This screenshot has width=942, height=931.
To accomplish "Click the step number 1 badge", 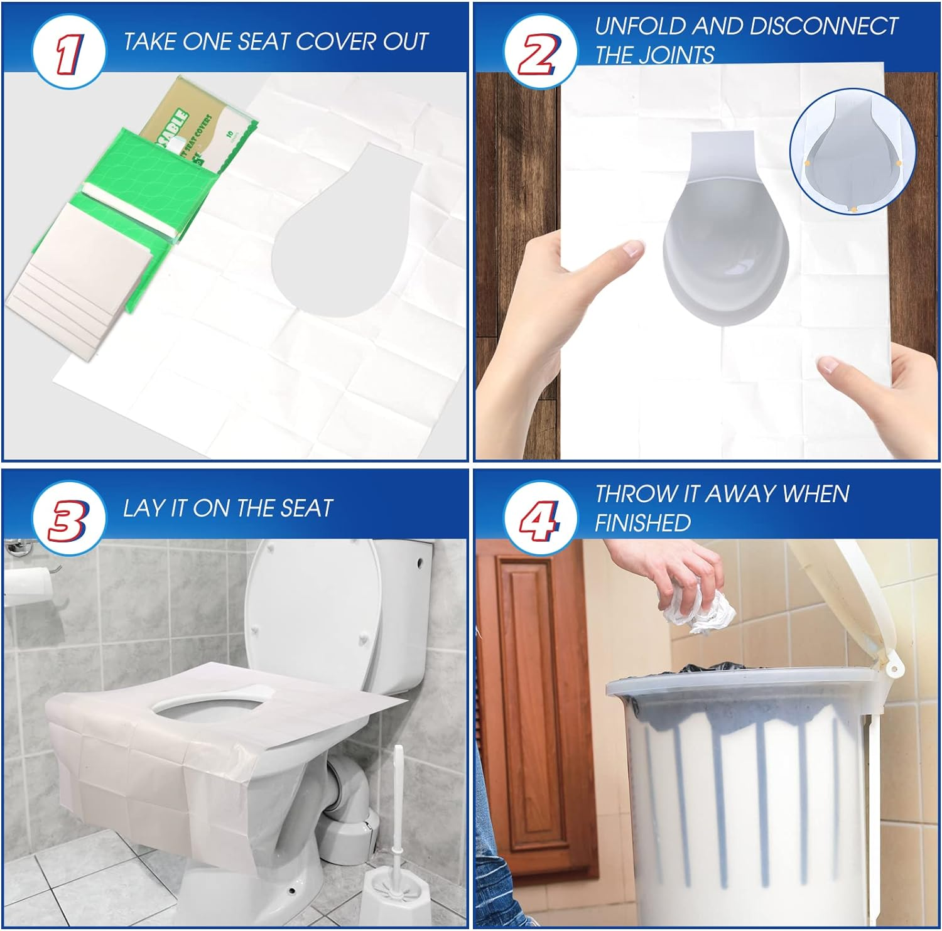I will (68, 53).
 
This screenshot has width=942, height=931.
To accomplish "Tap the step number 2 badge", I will (539, 53).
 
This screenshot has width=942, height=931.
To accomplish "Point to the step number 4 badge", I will (539, 519).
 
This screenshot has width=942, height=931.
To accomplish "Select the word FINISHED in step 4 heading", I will (642, 523).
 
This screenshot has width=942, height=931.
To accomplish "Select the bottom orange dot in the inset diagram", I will (853, 208).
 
